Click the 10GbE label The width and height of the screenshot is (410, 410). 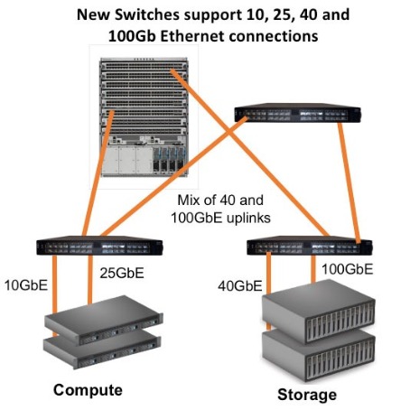point(26,285)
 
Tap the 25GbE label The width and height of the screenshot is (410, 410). point(122,273)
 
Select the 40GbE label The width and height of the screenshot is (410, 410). point(240,286)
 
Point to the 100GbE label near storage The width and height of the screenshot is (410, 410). point(347,269)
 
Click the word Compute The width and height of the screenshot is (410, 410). point(88,391)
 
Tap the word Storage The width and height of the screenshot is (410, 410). point(307,395)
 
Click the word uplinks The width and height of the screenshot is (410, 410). point(248,218)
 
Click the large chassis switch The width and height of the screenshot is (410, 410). point(144,116)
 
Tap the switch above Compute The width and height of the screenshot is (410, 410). point(99,246)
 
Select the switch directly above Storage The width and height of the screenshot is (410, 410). point(310,246)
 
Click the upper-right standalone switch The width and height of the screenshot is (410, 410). point(297,113)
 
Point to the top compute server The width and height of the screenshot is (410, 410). point(104,320)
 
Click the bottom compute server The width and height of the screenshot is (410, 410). point(102,350)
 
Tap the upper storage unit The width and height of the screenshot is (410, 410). point(319,312)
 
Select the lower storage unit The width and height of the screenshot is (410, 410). point(319,355)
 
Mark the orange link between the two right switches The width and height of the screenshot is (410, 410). point(349,182)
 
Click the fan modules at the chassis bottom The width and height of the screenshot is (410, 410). point(170,160)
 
